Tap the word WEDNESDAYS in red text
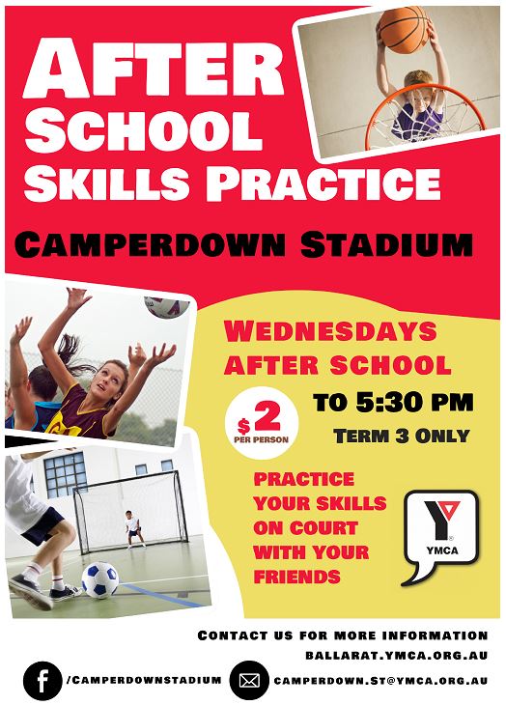(330, 332)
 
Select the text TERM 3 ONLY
(401, 436)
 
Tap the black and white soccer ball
(99, 579)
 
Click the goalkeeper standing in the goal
(130, 528)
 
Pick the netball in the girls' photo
(166, 305)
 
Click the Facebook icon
(42, 679)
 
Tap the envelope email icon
(249, 679)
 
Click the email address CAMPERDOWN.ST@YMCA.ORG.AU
(381, 680)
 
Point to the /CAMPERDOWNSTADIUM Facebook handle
(145, 679)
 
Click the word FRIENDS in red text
(296, 578)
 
